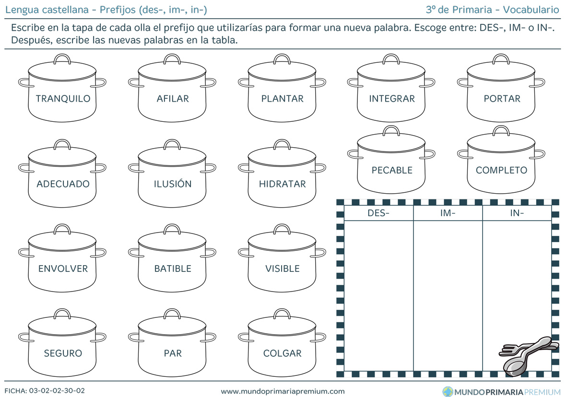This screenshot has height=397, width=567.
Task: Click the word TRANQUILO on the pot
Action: [63, 98]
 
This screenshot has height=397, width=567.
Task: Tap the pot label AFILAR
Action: [173, 98]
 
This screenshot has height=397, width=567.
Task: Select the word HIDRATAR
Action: [282, 184]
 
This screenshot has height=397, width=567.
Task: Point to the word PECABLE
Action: [392, 170]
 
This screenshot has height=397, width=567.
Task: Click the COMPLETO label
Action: [501, 170]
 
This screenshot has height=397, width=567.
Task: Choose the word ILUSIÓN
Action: [173, 183]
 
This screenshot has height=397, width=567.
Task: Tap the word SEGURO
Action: [63, 353]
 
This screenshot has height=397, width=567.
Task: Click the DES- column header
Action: [378, 213]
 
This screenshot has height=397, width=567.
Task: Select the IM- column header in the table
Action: [448, 213]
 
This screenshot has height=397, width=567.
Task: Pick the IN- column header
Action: [517, 213]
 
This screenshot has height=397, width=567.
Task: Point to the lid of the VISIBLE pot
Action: [282, 239]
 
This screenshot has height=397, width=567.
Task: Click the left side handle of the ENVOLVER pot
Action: [25, 253]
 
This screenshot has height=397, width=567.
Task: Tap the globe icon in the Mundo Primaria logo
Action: [448, 392]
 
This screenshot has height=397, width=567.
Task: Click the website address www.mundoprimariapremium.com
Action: [283, 391]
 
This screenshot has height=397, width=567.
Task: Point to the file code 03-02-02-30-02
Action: [57, 391]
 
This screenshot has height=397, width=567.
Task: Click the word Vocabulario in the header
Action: [531, 10]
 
